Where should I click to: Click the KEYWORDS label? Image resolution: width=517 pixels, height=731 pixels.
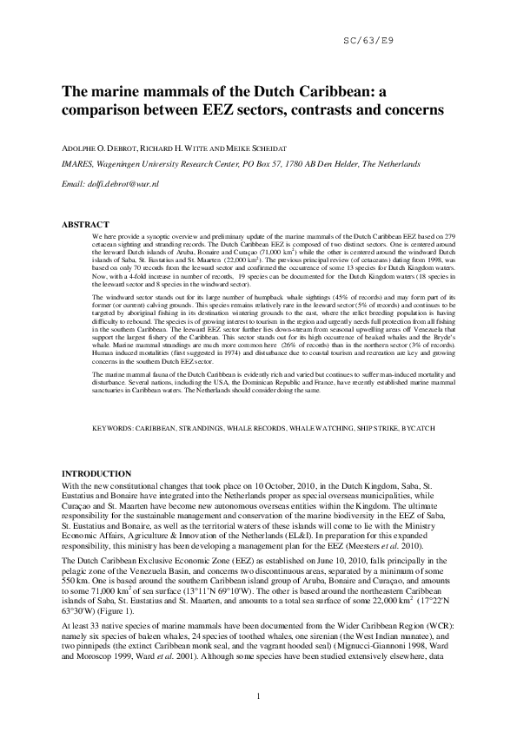coord(112,429)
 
